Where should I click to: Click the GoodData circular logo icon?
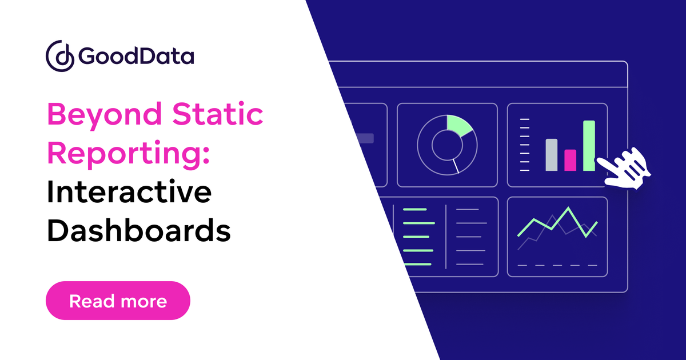(x=59, y=55)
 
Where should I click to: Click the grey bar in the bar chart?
(x=551, y=155)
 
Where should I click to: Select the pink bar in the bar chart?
(x=570, y=160)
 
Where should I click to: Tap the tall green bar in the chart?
(x=589, y=146)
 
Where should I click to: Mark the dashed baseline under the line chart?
(x=557, y=265)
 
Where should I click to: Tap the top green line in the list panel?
(x=415, y=209)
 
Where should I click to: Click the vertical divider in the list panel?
(x=446, y=237)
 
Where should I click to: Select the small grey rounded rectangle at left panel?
(x=364, y=138)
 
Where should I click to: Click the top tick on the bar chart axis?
(x=525, y=119)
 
